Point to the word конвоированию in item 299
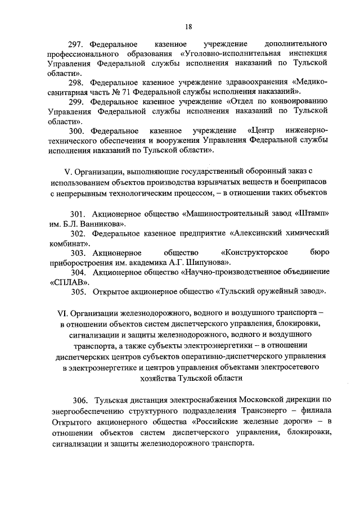click(298, 102)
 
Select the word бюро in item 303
click(319, 253)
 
